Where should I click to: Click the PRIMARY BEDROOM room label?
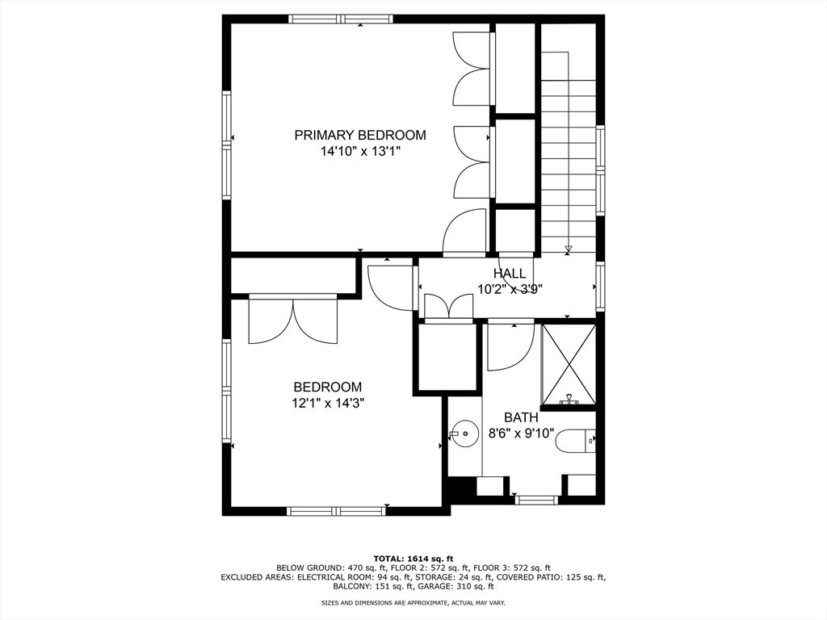click(x=360, y=135)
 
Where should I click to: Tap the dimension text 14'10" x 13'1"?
click(x=361, y=152)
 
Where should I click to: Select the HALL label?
click(x=510, y=273)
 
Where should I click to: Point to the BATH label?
click(x=521, y=417)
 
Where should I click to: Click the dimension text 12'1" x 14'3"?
click(x=328, y=404)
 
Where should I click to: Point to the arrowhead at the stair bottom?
click(x=568, y=249)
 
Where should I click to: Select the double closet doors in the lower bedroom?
click(x=292, y=320)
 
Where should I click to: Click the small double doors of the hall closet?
click(x=449, y=307)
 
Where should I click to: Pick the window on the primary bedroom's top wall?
click(x=342, y=19)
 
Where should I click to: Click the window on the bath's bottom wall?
click(x=536, y=500)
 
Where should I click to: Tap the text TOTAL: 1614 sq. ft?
click(x=413, y=559)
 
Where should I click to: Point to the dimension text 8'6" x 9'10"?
click(x=521, y=434)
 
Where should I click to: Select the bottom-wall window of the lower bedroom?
click(x=337, y=511)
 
